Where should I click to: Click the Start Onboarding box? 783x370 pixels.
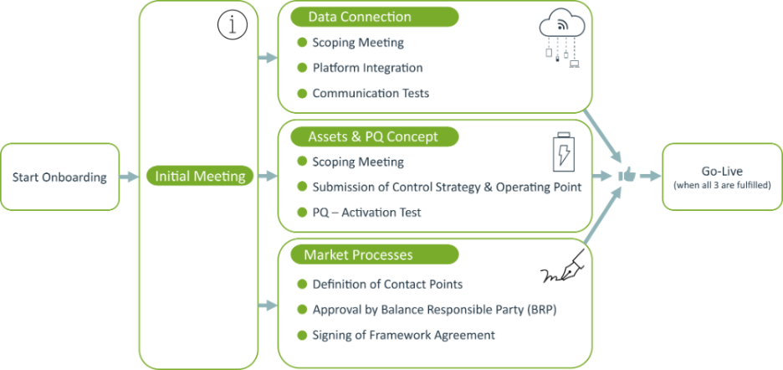(x=59, y=177)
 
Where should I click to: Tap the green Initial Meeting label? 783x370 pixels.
(x=200, y=177)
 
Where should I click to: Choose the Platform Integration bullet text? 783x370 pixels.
(x=367, y=68)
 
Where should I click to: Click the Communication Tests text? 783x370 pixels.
(x=371, y=93)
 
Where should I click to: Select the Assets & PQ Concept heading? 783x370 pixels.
(x=374, y=136)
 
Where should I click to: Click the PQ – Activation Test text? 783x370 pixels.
(x=366, y=213)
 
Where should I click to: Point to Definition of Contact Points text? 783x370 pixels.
(x=387, y=285)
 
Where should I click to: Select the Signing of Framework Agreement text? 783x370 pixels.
(x=403, y=335)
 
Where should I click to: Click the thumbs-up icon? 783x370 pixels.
(x=626, y=176)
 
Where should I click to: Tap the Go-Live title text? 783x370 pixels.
(x=722, y=172)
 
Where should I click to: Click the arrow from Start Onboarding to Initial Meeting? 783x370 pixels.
(x=129, y=177)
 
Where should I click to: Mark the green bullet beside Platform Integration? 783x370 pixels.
(x=302, y=67)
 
